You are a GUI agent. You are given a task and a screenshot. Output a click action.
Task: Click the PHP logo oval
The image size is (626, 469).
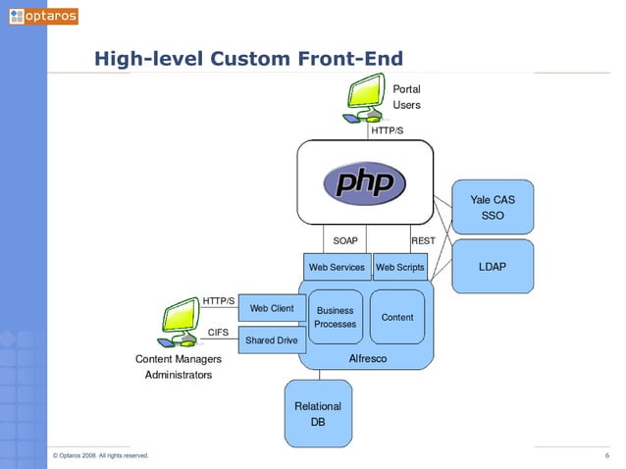[365, 182]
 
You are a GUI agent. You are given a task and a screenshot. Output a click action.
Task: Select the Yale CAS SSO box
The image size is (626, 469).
[492, 207]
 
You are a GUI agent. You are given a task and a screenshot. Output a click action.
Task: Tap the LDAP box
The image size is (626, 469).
[492, 266]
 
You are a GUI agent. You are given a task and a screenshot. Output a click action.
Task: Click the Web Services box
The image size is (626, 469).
[337, 267]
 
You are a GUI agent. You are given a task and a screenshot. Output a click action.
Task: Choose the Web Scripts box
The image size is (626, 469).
[399, 267]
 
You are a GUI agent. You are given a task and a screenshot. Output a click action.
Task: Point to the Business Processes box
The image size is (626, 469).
[335, 317]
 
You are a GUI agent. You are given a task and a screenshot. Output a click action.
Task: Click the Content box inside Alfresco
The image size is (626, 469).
[397, 317]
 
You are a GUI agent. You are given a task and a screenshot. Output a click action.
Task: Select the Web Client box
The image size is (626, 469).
[272, 309]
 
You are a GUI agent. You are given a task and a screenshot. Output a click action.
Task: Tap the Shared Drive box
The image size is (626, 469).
[272, 340]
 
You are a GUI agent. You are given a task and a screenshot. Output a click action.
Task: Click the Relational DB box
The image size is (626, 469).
[318, 413]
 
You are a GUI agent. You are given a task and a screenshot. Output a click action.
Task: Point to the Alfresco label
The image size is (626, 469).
[368, 358]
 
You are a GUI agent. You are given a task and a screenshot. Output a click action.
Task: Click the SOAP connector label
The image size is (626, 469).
[345, 240]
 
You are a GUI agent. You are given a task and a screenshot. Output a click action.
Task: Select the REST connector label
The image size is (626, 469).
[423, 240]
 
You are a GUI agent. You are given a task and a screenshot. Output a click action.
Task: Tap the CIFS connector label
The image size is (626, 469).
[219, 332]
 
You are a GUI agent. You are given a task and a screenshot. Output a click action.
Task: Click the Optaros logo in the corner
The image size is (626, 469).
[42, 16]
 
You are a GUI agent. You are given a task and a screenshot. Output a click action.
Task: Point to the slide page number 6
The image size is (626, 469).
[607, 455]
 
